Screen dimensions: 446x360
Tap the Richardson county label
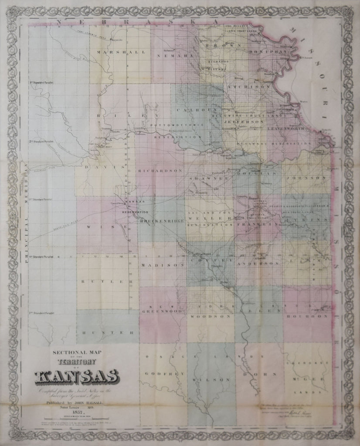[160, 171]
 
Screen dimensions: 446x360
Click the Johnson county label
[306, 178]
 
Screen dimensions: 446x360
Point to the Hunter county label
[107, 332]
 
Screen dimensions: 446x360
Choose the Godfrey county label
[160, 374]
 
